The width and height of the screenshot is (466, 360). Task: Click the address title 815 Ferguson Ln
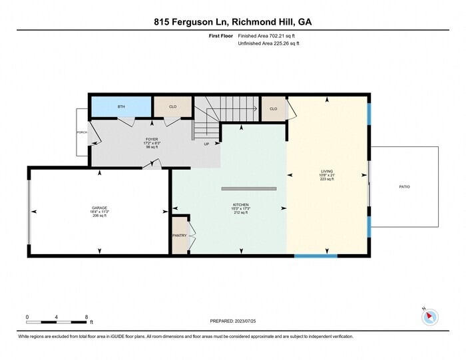point(232,21)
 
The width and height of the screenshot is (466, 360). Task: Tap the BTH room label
point(121,106)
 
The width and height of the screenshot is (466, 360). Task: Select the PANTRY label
point(180,235)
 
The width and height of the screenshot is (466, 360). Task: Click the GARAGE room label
point(100,208)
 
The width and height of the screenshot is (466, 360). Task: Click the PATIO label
point(404,187)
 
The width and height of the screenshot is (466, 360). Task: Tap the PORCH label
point(82,132)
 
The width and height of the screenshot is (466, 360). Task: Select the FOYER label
point(152,139)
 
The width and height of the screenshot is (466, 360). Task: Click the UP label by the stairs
point(206,144)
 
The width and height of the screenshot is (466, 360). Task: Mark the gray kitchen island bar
point(248,189)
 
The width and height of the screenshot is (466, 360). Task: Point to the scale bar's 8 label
point(87,317)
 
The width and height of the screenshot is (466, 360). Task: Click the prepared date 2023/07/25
point(232,321)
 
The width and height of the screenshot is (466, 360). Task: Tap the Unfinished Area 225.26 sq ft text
point(268,43)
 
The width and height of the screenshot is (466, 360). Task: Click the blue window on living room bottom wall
point(316,256)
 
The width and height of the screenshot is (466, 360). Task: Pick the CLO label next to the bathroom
point(172,106)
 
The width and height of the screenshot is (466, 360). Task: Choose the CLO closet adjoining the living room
point(273,108)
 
